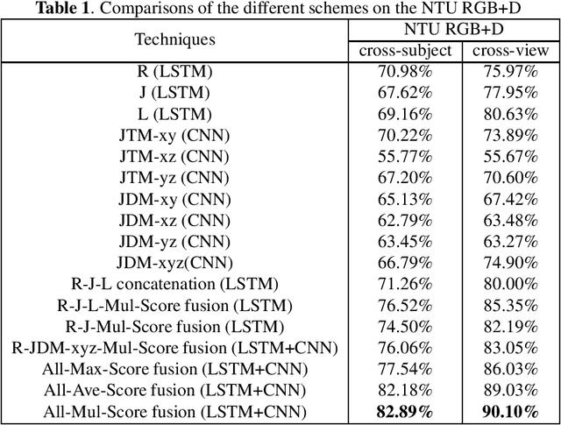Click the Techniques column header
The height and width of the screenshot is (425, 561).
(174, 39)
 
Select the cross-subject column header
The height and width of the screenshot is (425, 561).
(405, 50)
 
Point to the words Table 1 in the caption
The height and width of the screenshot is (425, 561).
(64, 9)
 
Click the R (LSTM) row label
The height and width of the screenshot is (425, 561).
(174, 72)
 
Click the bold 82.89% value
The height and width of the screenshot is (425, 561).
(405, 411)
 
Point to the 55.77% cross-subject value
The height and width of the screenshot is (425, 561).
(405, 156)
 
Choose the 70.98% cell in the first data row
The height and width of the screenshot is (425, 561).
(405, 72)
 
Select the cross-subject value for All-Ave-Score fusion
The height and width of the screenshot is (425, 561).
(405, 390)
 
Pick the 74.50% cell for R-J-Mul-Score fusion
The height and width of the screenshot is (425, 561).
(405, 326)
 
